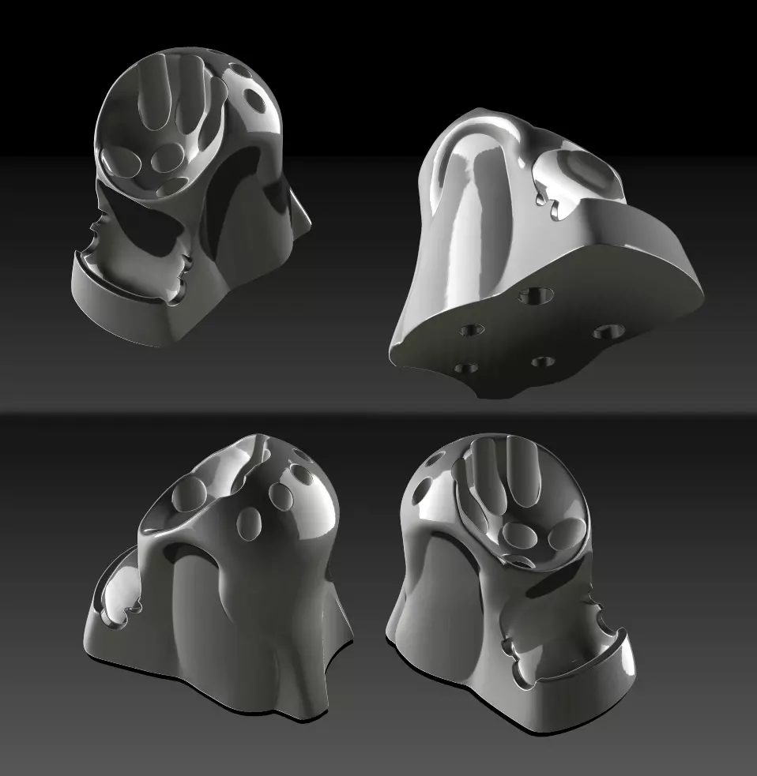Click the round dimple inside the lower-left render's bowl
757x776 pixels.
190,494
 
